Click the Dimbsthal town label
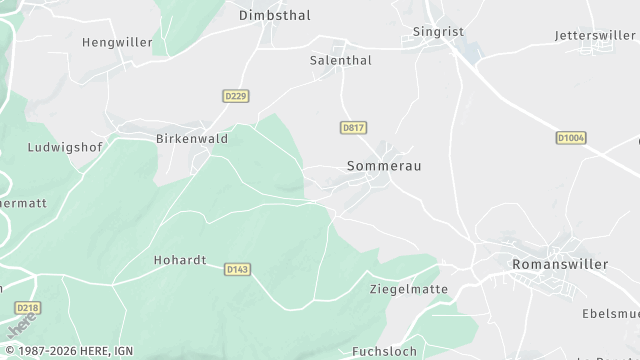(275, 16)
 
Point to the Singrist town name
(439, 32)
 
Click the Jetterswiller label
(596, 35)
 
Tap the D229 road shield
(235, 96)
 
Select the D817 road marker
(352, 128)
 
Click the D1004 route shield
(571, 137)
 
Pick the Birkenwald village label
(192, 139)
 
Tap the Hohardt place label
(180, 260)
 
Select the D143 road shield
(237, 269)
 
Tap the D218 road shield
(29, 308)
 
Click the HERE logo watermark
(20, 327)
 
